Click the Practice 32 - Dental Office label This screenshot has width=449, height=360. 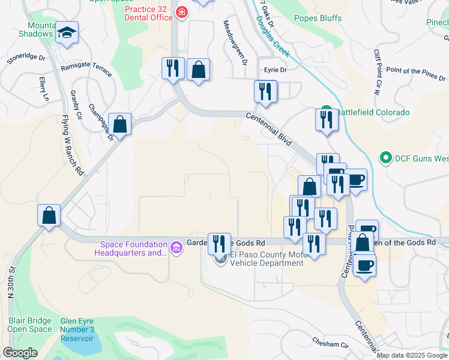point(148,13)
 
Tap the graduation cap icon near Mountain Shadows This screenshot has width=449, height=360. point(67,34)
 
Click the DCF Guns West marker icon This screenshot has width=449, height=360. point(386,158)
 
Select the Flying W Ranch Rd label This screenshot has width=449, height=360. point(71,145)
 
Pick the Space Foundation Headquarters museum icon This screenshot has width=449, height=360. point(176,247)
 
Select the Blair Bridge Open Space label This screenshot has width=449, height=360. point(29,325)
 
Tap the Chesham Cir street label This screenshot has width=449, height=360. point(330,344)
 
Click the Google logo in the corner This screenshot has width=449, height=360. point(20,353)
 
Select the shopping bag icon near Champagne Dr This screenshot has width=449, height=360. point(121,124)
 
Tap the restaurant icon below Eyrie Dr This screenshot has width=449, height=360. point(265,91)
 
